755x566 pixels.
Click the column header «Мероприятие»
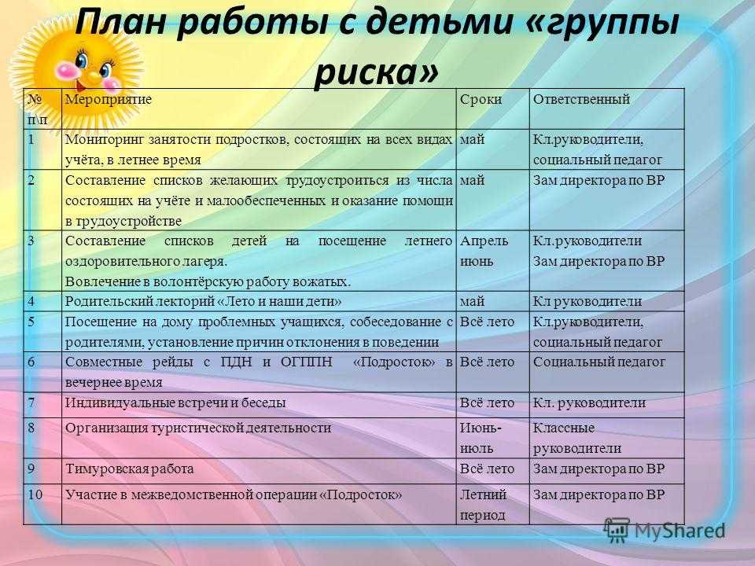pos(109,99)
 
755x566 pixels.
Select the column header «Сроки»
pos(481,99)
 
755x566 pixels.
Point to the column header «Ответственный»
pos(581,99)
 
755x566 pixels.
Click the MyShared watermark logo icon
pos(617,531)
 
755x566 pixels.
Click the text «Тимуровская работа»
pos(130,469)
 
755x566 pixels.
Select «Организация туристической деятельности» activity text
pos(198,428)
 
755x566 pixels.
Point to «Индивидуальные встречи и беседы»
pos(175,402)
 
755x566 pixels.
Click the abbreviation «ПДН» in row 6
pos(236,362)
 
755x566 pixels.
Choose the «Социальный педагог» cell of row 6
pos(599,362)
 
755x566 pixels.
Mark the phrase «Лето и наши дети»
pos(280,302)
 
